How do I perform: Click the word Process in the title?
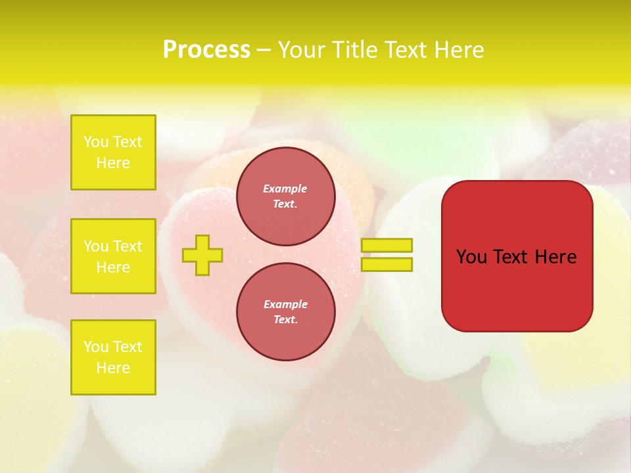[206, 50]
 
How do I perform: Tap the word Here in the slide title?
[458, 50]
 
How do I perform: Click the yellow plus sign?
[202, 255]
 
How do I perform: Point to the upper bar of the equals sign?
[387, 246]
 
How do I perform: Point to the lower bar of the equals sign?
[387, 264]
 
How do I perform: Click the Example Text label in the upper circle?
[285, 196]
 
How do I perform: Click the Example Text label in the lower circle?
[285, 311]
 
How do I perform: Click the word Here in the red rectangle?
[555, 257]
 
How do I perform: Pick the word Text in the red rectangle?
[510, 257]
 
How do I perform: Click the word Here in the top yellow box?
[113, 163]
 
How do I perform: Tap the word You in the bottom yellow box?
[96, 347]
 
